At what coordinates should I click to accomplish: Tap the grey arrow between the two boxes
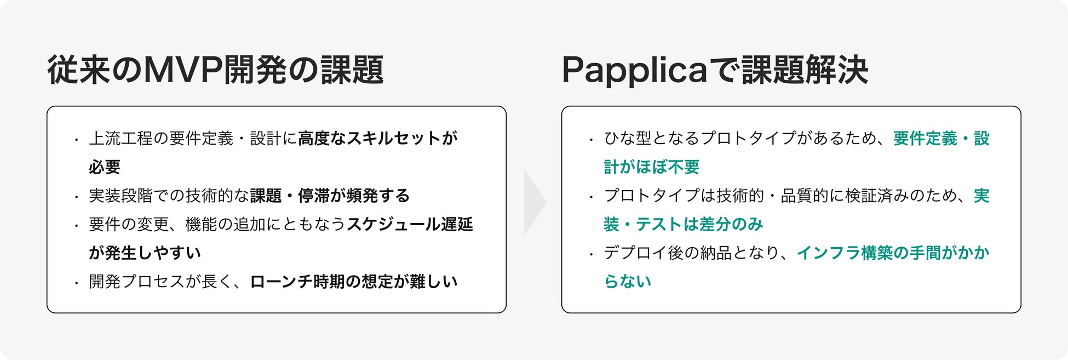[534, 202]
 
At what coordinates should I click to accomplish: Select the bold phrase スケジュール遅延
[410, 224]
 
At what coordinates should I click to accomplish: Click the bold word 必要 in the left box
[105, 167]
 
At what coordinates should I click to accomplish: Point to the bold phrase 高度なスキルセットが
[378, 139]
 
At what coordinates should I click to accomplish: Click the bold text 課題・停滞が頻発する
[330, 196]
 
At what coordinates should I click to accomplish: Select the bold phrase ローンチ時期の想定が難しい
[354, 282]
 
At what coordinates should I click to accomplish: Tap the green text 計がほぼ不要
[652, 167]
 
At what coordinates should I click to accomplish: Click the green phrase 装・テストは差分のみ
[684, 224]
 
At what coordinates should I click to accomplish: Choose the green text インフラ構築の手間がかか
[893, 253]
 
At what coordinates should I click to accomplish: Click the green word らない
[628, 282]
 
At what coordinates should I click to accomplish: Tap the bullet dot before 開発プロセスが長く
[77, 283]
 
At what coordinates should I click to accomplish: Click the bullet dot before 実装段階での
[77, 197]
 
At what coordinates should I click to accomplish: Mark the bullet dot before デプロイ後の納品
[592, 254]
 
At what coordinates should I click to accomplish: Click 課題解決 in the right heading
[805, 70]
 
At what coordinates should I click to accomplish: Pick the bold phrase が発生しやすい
[145, 253]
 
